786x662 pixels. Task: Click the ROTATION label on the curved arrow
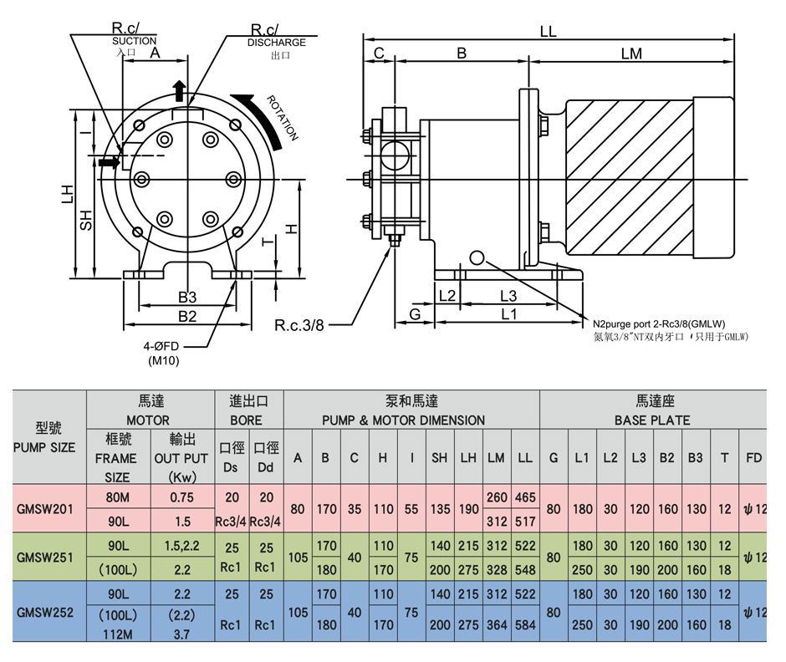(283, 119)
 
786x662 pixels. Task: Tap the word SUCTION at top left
(134, 40)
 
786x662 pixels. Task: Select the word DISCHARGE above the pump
(277, 42)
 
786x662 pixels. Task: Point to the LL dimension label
(548, 32)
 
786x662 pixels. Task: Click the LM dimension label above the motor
(631, 53)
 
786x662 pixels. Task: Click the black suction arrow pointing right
(109, 161)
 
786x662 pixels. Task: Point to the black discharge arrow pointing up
(178, 90)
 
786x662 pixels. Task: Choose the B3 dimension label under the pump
(186, 297)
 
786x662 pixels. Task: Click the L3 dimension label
(508, 296)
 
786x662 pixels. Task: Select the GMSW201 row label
(46, 509)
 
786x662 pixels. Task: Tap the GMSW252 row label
(46, 612)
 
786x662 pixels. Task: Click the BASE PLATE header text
(652, 420)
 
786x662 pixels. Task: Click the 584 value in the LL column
(525, 624)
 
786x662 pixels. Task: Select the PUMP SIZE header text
(44, 447)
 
